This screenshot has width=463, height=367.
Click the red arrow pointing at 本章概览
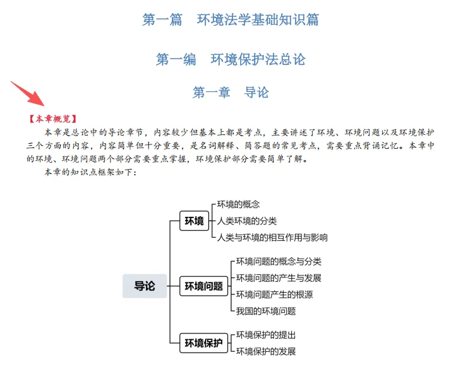pos(28,93)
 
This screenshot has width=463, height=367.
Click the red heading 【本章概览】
pos(52,118)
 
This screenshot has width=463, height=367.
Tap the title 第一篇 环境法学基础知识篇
pos(231,20)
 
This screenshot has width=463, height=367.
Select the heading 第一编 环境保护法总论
pos(231,59)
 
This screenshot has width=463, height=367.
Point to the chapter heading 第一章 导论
pos(231,93)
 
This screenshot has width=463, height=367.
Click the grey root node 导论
pos(145,286)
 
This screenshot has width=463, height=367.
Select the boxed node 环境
pos(194,221)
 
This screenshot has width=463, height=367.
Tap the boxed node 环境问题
pos(203,286)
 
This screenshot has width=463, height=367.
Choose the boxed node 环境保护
pos(203,344)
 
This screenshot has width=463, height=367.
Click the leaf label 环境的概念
pos(238,204)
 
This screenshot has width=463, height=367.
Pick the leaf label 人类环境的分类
pos(247,221)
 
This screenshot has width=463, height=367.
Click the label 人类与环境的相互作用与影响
pos(272,238)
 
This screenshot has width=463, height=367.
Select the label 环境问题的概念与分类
pos(279,262)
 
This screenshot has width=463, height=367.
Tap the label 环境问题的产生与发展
pos(279,278)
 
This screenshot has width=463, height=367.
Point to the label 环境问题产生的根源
pos(274,294)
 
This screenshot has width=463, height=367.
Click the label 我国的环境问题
pos(266,311)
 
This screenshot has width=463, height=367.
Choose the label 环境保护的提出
pos(266,335)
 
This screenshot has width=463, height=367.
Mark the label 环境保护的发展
pos(266,351)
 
